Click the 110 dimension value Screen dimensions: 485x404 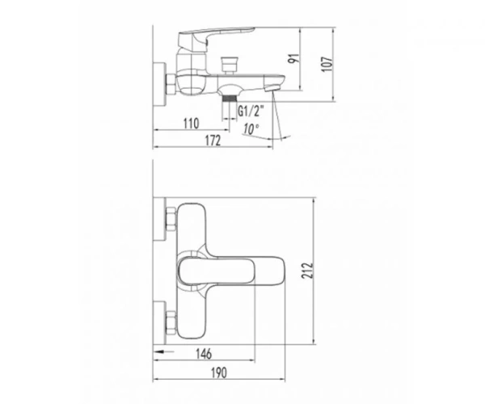191,124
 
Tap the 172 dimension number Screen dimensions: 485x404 213,141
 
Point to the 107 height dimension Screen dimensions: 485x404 327,64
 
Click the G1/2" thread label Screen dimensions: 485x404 251,111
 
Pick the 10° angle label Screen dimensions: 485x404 251,128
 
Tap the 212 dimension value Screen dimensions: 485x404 307,271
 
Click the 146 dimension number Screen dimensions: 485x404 204,354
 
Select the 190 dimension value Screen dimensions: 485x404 219,372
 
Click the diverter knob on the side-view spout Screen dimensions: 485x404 230,65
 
